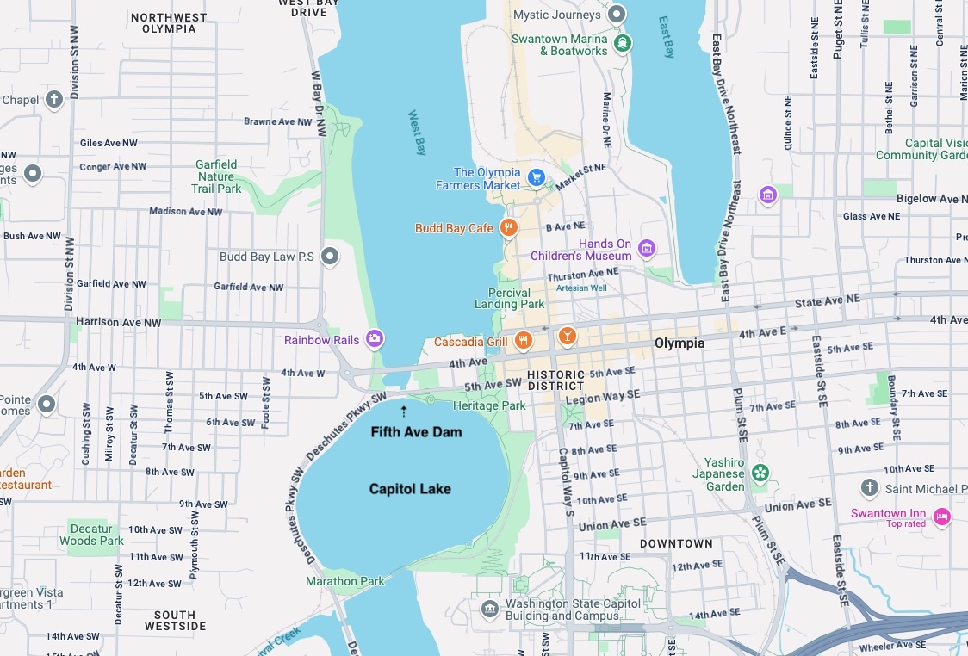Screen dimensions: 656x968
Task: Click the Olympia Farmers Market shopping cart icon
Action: pos(537,178)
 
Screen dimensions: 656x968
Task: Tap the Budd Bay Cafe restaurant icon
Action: pos(509,228)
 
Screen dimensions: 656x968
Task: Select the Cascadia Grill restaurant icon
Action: pos(523,342)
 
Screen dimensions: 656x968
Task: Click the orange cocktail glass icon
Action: pos(567,335)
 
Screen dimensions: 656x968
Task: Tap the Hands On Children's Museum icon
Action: pos(647,250)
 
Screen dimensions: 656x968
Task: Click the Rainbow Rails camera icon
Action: pos(375,339)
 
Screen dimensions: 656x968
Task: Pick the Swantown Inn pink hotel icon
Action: pos(942,517)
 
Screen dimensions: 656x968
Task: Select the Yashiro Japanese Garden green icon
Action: pos(760,473)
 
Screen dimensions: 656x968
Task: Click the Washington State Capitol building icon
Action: pos(490,610)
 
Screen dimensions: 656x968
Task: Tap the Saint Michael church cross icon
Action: pos(870,489)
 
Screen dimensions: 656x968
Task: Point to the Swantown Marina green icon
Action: pos(623,42)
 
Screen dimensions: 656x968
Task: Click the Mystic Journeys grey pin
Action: pos(616,15)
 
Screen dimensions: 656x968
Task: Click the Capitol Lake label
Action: pos(410,489)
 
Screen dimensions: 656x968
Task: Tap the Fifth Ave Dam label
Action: pos(416,431)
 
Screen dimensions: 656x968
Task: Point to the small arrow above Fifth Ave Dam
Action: pos(404,412)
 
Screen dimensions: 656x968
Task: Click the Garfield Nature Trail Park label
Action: pos(216,176)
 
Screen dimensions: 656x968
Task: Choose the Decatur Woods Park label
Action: pos(91,535)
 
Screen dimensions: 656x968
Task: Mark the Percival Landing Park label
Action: pos(509,299)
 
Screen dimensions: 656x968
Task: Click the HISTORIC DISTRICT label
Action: pos(555,380)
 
